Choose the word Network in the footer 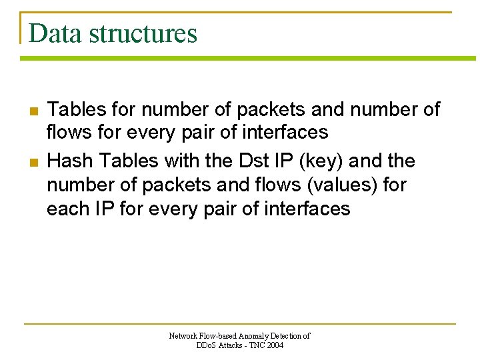pyautogui.click(x=183, y=337)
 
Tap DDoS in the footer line pyautogui.click(x=206, y=345)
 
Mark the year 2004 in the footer pyautogui.click(x=275, y=345)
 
